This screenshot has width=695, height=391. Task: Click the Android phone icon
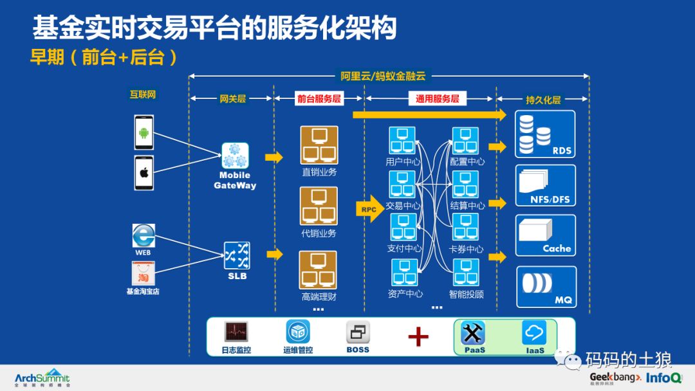(144, 133)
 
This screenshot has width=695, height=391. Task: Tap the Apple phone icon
(144, 172)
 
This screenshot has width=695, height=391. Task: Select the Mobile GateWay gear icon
(235, 156)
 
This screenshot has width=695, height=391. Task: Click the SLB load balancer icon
(237, 255)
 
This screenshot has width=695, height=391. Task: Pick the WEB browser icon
(143, 235)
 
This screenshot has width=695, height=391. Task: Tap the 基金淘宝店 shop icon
(142, 275)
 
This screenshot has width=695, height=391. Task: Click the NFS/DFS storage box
(546, 185)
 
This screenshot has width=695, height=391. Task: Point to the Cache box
(546, 235)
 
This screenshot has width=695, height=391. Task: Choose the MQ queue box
(546, 286)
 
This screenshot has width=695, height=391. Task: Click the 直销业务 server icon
(319, 145)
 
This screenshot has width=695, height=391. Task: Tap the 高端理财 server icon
(319, 269)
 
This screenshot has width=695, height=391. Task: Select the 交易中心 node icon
(402, 185)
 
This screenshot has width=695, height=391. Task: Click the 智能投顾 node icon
(466, 272)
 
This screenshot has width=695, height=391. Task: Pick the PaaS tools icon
(474, 333)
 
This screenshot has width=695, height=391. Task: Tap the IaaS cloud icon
(534, 332)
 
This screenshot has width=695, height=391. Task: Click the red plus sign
(418, 336)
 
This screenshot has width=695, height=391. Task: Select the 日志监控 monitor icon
(236, 332)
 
